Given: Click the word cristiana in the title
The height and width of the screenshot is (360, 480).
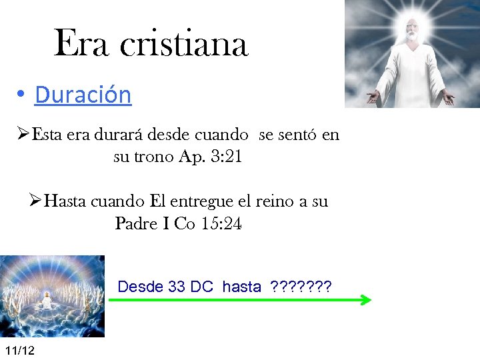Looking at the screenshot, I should click(x=184, y=44).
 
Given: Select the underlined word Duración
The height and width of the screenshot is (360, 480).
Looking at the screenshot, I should click(x=83, y=95).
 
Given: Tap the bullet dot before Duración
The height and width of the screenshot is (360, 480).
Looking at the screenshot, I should click(x=22, y=95).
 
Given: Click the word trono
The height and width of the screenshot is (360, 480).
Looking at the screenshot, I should click(x=153, y=157).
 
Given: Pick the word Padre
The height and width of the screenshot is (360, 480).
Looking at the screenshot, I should click(x=136, y=224).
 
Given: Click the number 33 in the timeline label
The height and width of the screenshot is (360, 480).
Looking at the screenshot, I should click(x=177, y=287).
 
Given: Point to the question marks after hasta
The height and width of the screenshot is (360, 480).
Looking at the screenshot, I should click(x=300, y=287).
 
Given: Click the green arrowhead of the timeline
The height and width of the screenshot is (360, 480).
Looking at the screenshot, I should click(x=365, y=300).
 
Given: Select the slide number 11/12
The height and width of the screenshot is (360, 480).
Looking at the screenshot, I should click(x=19, y=351).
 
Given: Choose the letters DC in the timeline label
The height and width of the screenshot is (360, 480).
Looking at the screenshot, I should click(x=201, y=287).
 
